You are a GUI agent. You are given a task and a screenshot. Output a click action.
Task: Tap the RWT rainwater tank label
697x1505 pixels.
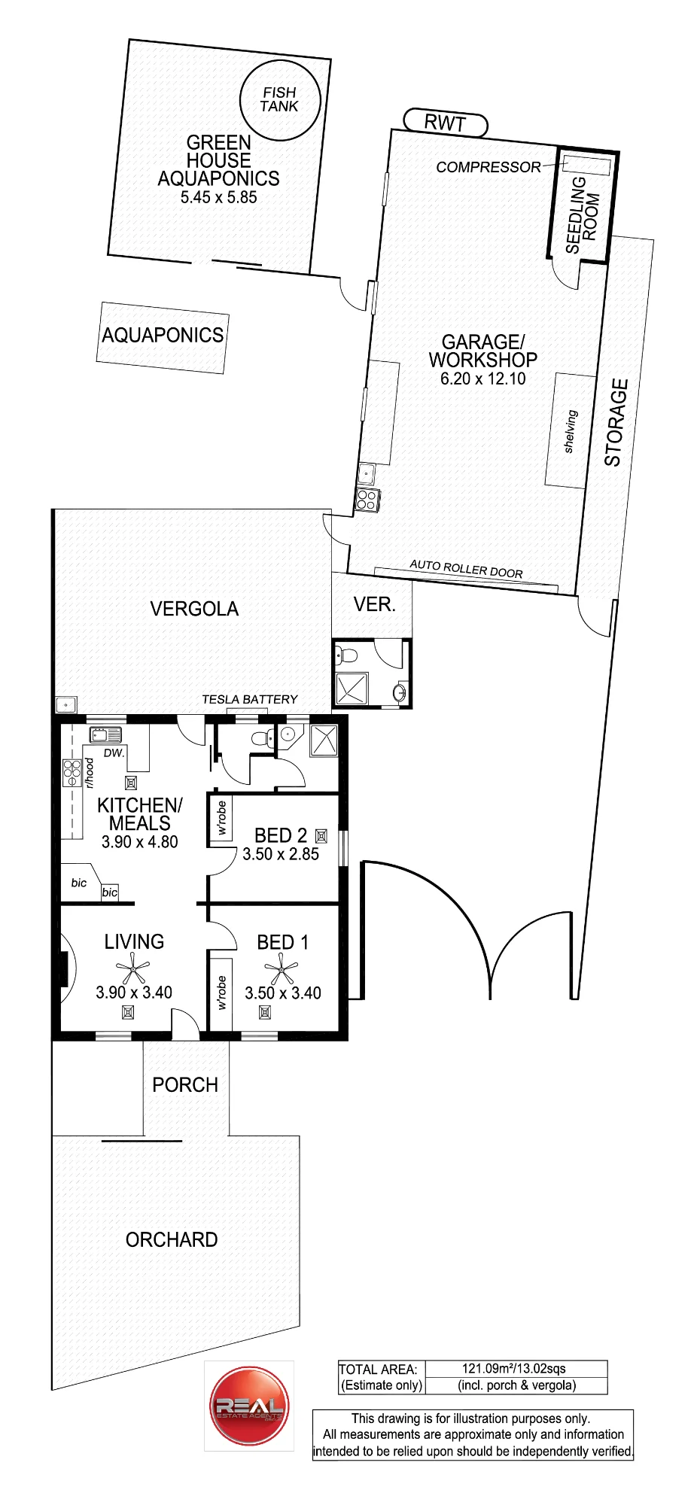tap(446, 123)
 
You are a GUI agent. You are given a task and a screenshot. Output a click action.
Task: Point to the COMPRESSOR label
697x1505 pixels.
tap(489, 167)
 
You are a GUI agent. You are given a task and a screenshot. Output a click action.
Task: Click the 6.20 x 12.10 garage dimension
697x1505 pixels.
tap(483, 379)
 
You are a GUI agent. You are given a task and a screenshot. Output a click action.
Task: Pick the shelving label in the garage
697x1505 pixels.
tap(571, 431)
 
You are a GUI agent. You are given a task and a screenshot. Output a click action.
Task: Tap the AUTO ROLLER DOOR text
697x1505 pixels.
tap(466, 569)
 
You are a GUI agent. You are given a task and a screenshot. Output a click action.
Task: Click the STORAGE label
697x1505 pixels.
tap(616, 423)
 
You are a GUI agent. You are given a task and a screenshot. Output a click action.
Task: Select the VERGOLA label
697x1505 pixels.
tap(194, 609)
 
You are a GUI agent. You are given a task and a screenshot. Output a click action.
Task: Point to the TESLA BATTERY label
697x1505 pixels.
tap(250, 699)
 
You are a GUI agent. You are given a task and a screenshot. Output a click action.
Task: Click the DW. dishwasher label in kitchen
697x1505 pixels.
tap(114, 753)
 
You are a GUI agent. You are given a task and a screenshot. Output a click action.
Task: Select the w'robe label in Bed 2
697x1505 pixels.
tap(221, 818)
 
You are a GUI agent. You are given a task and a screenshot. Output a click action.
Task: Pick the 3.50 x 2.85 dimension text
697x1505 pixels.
tap(281, 854)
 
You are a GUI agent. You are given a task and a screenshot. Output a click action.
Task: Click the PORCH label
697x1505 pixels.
tap(185, 1084)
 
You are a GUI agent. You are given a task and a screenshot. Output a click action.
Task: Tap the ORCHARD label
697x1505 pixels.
tap(172, 1239)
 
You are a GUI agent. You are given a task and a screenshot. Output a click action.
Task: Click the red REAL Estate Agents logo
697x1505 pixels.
tap(249, 1406)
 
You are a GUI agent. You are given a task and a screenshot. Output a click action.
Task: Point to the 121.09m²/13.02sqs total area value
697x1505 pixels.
tap(514, 1369)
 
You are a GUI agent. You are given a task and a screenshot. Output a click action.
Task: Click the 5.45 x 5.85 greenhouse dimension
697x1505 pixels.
tap(219, 197)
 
